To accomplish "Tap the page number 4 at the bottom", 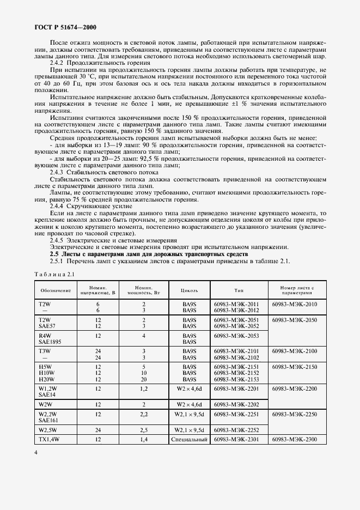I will [x=36, y=452].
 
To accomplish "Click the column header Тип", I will [x=239, y=289].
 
